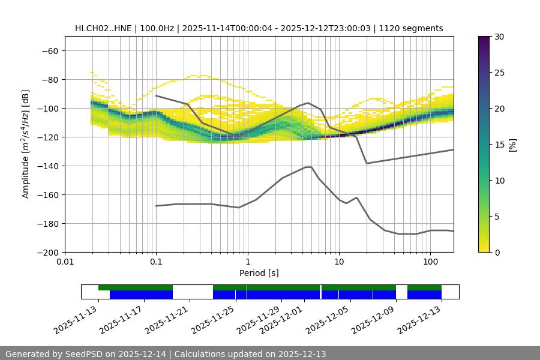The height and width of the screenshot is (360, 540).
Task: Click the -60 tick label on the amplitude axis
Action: click(50, 50)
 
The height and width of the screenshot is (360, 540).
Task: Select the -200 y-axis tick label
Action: click(50, 252)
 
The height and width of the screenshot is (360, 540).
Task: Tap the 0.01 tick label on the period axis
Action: click(65, 262)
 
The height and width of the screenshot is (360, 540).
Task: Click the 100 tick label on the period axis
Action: click(430, 262)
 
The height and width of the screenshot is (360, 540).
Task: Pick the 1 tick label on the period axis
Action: click(247, 262)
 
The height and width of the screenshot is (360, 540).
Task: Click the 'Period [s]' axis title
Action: click(259, 273)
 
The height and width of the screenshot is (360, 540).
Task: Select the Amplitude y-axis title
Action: click(26, 144)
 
